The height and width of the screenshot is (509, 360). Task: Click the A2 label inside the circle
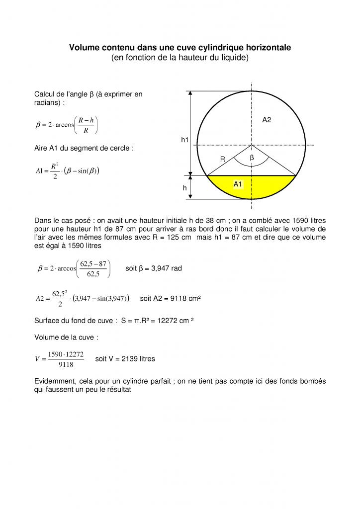tap(267, 120)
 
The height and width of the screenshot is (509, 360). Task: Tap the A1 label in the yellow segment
tap(238, 184)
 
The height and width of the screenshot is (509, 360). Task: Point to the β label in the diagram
tap(252, 157)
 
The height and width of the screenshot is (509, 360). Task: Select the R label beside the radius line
tap(223, 160)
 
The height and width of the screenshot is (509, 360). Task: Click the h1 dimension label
tap(184, 141)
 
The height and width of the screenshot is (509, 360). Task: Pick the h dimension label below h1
tap(184, 188)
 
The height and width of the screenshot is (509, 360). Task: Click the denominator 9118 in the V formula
tap(66, 364)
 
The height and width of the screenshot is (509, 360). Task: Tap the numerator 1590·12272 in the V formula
tap(66, 354)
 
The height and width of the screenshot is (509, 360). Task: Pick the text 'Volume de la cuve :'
tap(66, 337)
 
